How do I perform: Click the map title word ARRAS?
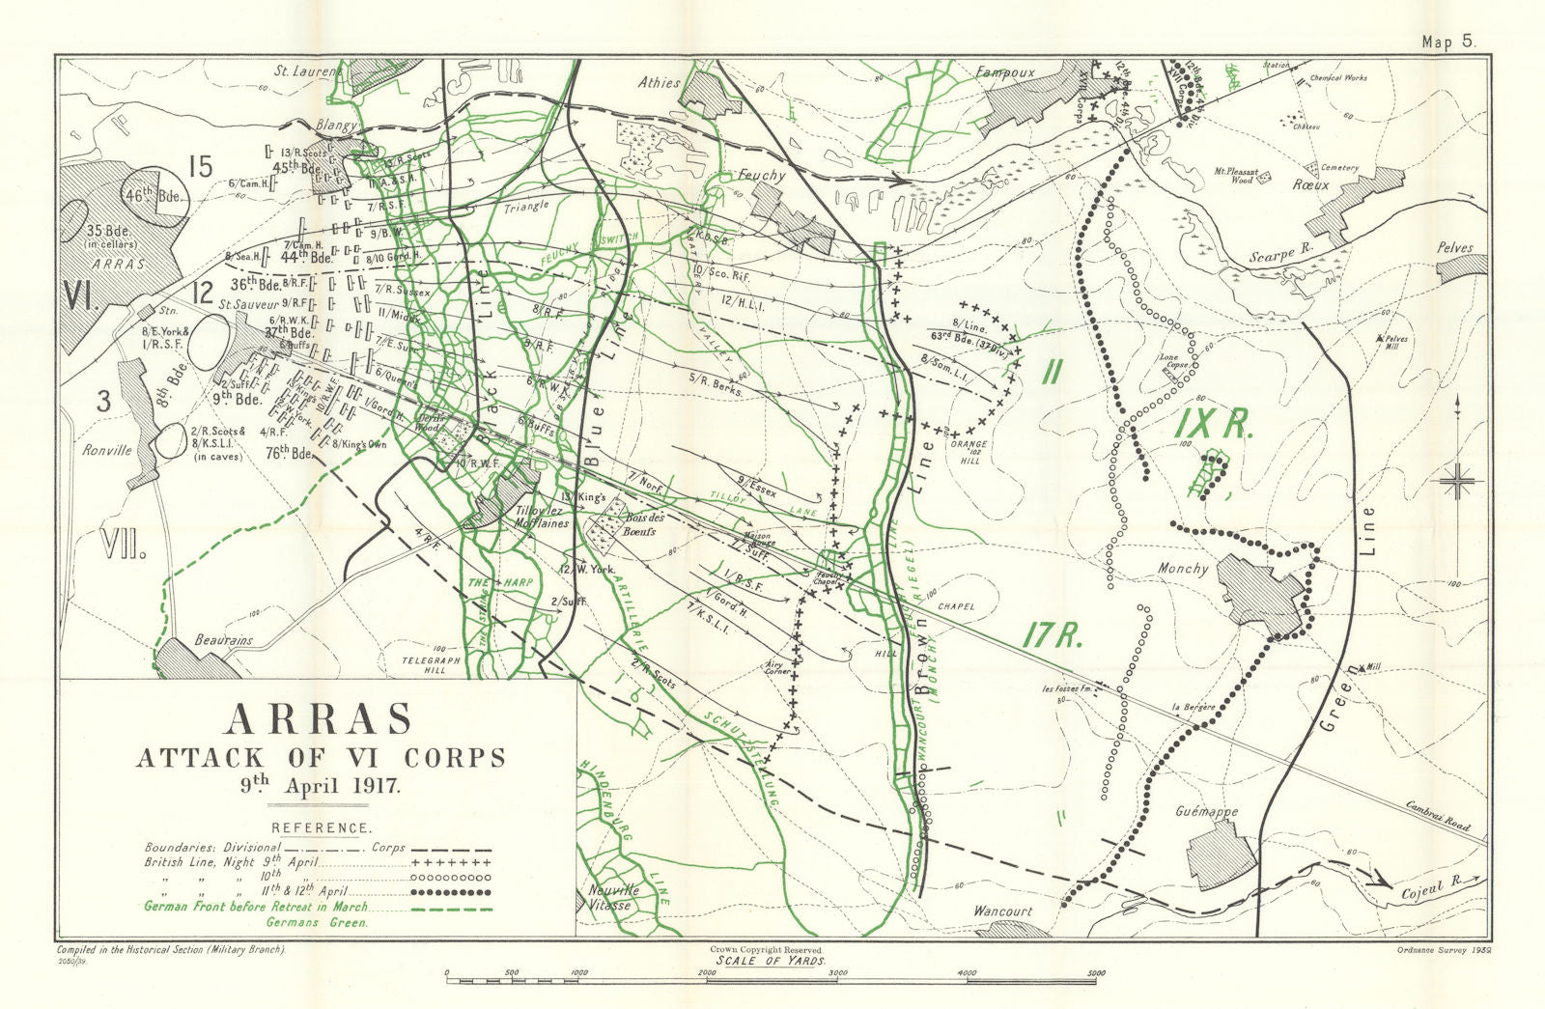point(319,719)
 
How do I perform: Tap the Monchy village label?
point(1183,569)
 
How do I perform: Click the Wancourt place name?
point(1003,911)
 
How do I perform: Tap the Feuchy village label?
point(763,177)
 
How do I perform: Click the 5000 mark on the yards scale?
point(1093,973)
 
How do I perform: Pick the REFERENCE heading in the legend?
point(321,828)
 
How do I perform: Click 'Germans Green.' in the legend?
point(316,923)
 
